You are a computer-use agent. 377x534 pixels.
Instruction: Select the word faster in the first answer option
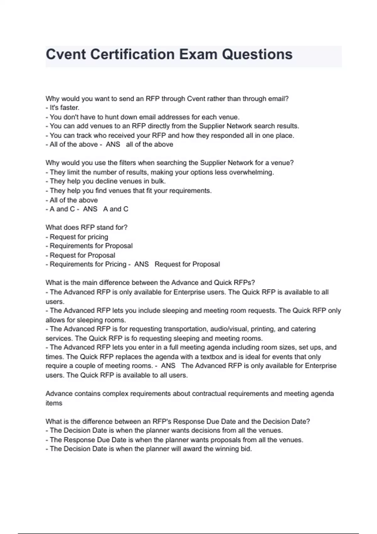(69, 108)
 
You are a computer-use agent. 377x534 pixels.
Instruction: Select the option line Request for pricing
(79, 237)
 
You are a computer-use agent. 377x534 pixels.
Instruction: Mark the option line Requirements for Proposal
(91, 246)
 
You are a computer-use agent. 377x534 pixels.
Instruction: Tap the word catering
(303, 329)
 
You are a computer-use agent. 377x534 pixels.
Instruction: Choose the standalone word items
(54, 403)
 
